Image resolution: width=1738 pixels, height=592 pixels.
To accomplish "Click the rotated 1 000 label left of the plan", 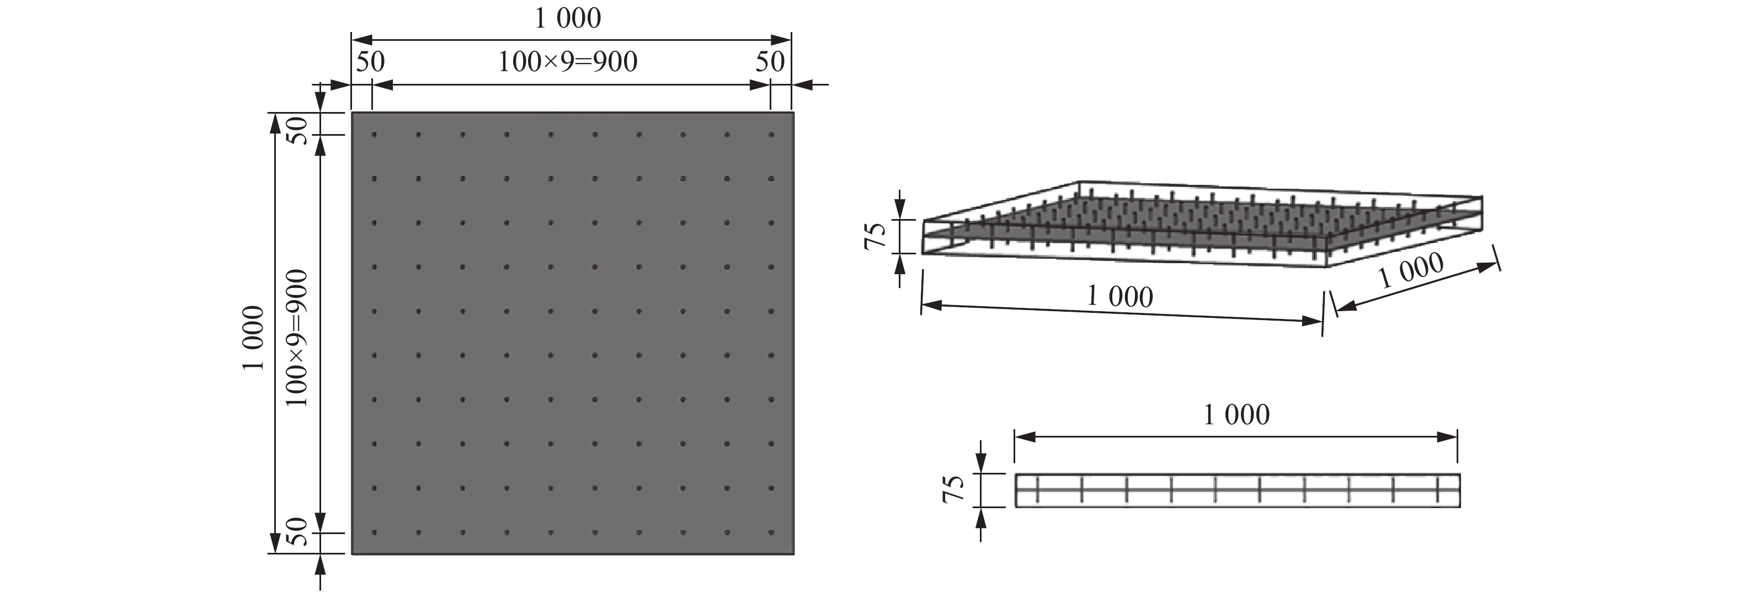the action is (x=253, y=338).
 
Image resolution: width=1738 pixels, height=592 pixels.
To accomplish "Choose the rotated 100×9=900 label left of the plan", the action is (x=297, y=338).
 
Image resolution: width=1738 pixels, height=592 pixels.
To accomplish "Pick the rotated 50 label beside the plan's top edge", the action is (x=297, y=130).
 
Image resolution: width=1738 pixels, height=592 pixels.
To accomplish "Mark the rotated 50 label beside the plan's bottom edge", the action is (x=297, y=532).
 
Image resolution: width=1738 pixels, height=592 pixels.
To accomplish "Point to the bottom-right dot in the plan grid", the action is (x=771, y=532).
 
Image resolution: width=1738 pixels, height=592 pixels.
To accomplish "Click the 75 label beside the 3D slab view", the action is (x=876, y=236).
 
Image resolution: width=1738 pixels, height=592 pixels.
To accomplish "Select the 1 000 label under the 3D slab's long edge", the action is (x=1120, y=297).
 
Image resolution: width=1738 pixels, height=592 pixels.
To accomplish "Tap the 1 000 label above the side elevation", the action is (x=1236, y=414).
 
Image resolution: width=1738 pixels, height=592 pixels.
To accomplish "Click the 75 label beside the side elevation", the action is (x=953, y=489).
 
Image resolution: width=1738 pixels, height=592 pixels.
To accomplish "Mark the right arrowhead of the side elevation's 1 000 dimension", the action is (x=1448, y=438).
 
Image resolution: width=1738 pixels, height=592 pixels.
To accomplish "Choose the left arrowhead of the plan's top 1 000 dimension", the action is (x=361, y=40).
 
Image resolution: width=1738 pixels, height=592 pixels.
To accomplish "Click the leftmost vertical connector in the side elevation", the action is (x=1037, y=490).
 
